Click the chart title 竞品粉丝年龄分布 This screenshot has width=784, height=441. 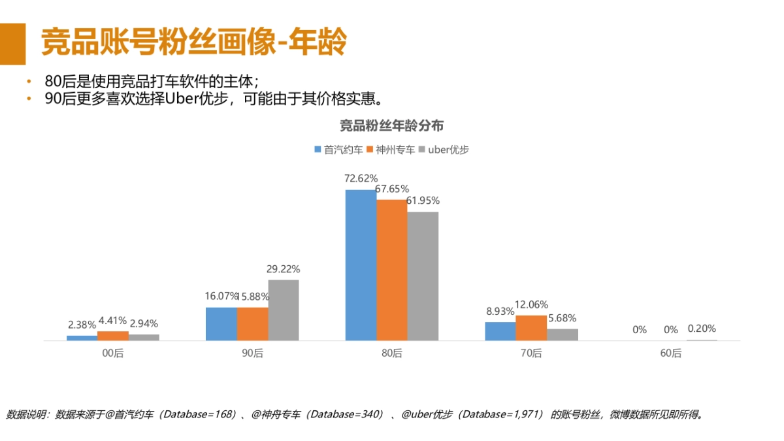click(391, 126)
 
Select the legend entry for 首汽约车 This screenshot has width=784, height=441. click(338, 150)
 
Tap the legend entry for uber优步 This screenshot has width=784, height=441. click(444, 150)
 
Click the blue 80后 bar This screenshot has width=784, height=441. click(361, 265)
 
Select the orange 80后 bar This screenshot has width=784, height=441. click(392, 270)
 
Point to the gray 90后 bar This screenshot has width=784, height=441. click(283, 310)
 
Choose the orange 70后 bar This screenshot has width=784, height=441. click(531, 328)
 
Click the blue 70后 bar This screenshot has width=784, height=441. click(500, 331)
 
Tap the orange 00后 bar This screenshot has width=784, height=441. click(113, 336)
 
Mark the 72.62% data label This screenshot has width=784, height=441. click(361, 178)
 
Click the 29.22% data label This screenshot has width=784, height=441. click(284, 269)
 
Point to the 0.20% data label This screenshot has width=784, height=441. click(702, 329)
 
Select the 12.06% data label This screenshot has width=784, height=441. click(531, 304)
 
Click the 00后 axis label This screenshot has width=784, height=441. click(113, 353)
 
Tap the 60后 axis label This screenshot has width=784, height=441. click(670, 353)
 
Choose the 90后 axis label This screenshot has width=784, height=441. click(252, 353)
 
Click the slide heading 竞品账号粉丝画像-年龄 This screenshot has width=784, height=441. click(193, 43)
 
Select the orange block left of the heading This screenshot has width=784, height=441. click(12, 44)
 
